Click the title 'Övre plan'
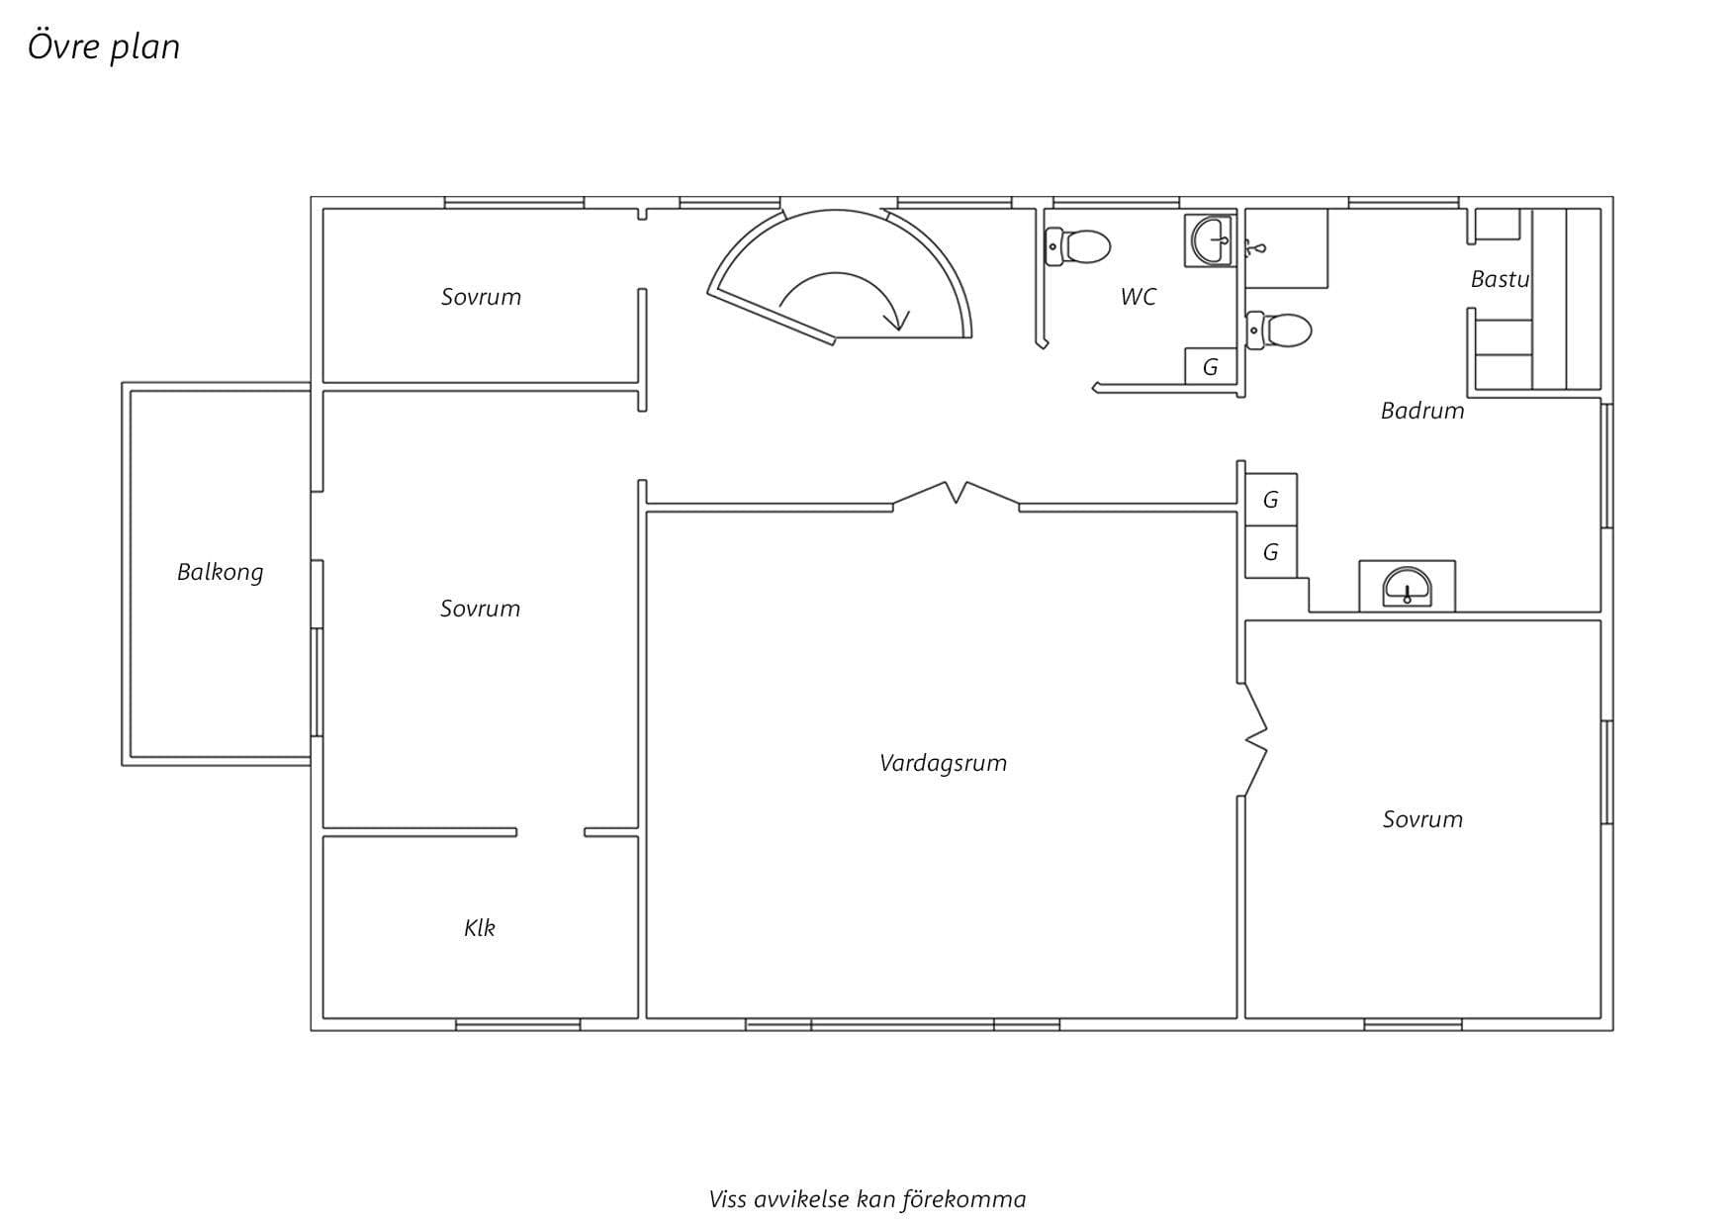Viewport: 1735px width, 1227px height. pyautogui.click(x=104, y=47)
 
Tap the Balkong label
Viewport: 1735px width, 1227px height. pyautogui.click(x=220, y=572)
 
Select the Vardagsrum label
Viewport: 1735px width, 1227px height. pyautogui.click(x=943, y=763)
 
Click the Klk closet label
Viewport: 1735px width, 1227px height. pyautogui.click(x=479, y=927)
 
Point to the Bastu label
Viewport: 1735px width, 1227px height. pyautogui.click(x=1500, y=279)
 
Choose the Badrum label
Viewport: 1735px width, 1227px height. pyautogui.click(x=1422, y=411)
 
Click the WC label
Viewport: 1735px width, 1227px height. pyautogui.click(x=1138, y=297)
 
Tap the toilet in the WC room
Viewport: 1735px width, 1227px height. pyautogui.click(x=1077, y=246)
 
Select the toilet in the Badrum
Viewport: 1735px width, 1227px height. pyautogui.click(x=1279, y=330)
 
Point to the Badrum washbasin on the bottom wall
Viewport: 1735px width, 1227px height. pyautogui.click(x=1407, y=586)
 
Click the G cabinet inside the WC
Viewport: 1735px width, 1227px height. pyautogui.click(x=1211, y=367)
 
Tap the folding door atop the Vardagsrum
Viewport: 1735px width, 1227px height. pyautogui.click(x=957, y=494)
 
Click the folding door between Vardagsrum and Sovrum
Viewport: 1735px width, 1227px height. pyautogui.click(x=1254, y=738)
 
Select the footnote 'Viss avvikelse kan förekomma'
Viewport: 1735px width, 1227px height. pyautogui.click(x=867, y=1200)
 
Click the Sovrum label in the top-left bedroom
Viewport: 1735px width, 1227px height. pyautogui.click(x=481, y=297)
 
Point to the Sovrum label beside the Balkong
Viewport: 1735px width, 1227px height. pyautogui.click(x=480, y=609)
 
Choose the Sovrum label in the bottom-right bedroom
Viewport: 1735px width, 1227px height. pyautogui.click(x=1422, y=819)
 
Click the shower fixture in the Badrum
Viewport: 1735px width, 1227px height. pyautogui.click(x=1255, y=247)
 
